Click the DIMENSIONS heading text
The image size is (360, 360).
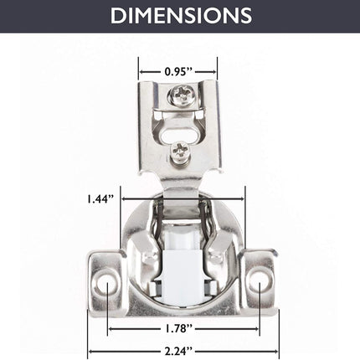coord(181,15)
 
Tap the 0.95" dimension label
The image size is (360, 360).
coord(178,72)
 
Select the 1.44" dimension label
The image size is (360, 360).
coord(100,199)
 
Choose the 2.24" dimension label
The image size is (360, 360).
coord(179,351)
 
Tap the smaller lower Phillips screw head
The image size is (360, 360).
coord(181,152)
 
